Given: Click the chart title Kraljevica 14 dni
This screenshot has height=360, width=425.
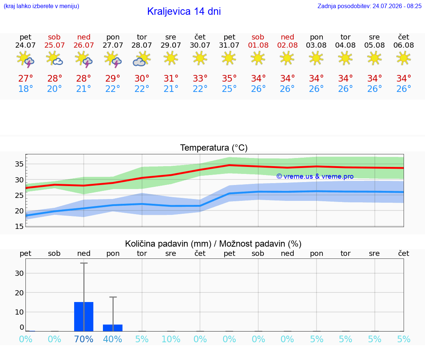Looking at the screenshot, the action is [x=184, y=11].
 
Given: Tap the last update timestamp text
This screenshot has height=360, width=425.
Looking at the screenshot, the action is [x=369, y=6].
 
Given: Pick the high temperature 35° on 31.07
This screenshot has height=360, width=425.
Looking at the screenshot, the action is [x=229, y=79].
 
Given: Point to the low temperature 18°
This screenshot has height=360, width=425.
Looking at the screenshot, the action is [x=25, y=89].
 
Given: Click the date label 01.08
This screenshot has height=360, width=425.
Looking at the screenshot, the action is [x=258, y=45].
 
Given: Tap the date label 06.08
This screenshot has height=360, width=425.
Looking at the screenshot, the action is [x=404, y=45].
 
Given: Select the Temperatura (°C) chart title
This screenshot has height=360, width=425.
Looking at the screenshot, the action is [x=214, y=148].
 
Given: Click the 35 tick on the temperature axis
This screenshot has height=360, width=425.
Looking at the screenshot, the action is [x=19, y=164].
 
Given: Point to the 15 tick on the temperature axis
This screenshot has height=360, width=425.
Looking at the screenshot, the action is [x=19, y=226].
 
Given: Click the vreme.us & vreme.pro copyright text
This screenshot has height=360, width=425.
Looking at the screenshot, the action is [x=315, y=176].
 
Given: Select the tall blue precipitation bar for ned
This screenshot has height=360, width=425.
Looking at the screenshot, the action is [x=84, y=316].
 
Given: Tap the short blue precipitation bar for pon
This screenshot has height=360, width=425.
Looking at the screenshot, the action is [x=113, y=328].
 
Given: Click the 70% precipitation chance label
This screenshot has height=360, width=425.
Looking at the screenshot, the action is [x=83, y=339].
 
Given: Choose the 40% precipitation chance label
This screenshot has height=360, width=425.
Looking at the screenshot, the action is [x=113, y=339].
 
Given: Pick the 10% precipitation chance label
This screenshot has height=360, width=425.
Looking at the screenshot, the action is [x=171, y=339].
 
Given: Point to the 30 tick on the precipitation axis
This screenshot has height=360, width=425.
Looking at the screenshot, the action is [x=19, y=273].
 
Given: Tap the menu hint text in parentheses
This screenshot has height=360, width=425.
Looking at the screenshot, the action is [x=41, y=6].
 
